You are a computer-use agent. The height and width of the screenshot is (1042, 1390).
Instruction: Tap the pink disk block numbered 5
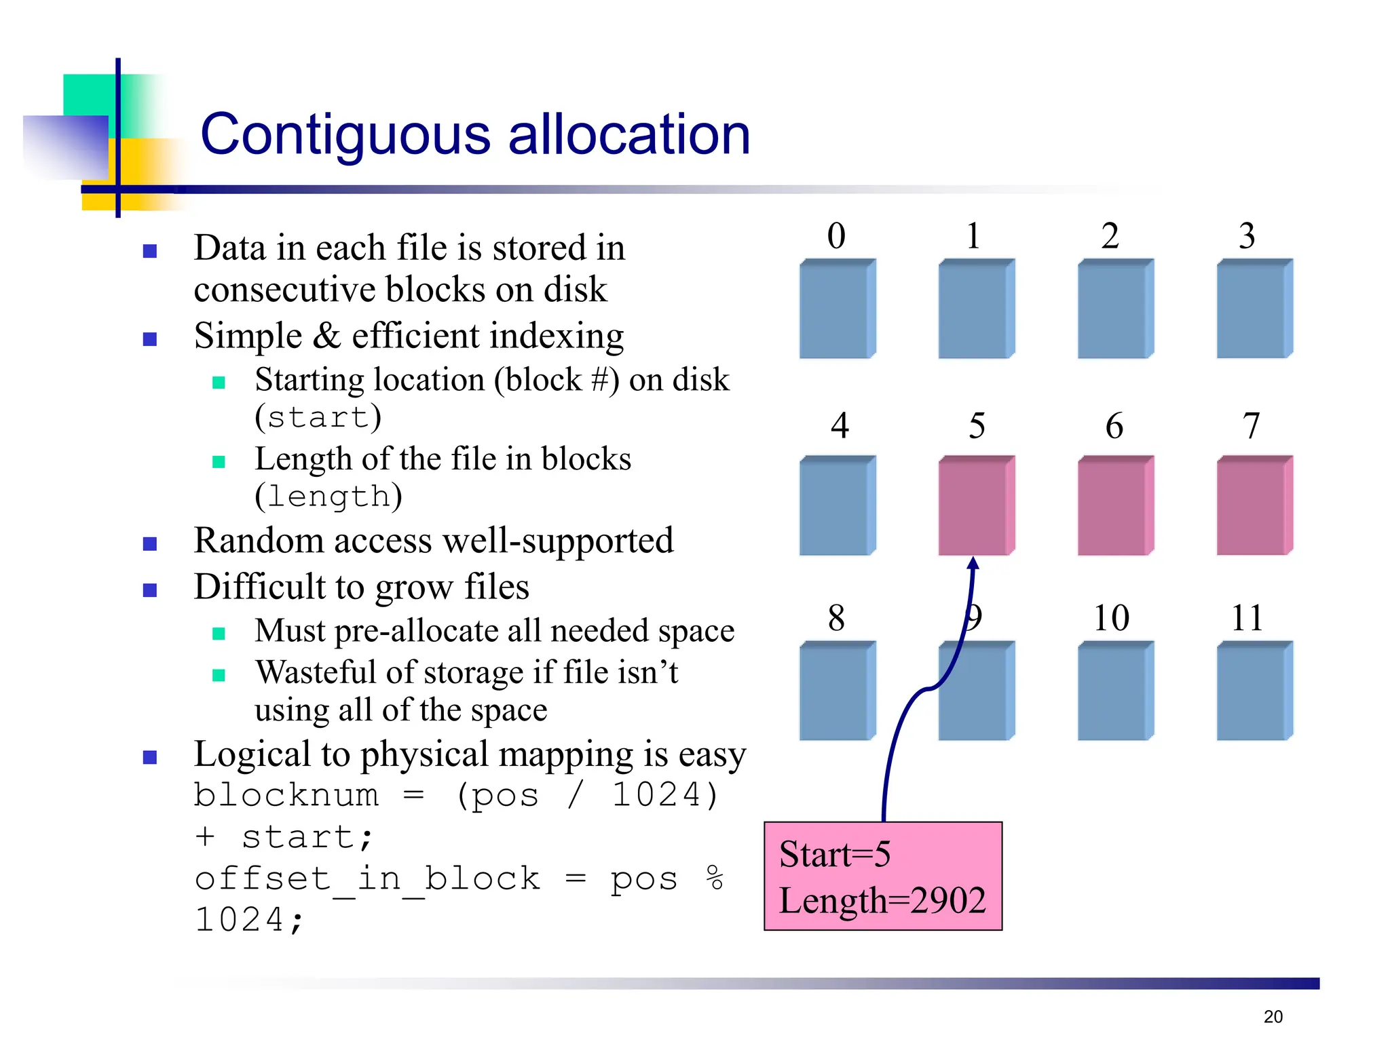click(x=976, y=505)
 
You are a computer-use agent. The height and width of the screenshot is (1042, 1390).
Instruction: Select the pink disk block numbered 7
click(x=1254, y=505)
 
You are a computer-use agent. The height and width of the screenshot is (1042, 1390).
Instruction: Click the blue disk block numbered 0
click(x=837, y=309)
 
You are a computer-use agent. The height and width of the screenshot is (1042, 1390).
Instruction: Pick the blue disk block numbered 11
click(x=1254, y=691)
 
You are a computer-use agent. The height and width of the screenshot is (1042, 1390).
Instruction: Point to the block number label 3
click(x=1247, y=236)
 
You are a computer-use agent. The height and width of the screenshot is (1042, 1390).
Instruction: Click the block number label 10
click(x=1111, y=618)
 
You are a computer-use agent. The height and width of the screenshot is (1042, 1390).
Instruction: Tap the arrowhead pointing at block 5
click(x=973, y=564)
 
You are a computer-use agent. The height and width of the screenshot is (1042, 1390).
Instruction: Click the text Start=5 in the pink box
click(x=835, y=854)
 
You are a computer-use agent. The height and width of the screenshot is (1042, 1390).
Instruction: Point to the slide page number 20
click(x=1273, y=1016)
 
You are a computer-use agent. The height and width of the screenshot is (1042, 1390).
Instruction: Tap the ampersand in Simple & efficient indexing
click(x=327, y=336)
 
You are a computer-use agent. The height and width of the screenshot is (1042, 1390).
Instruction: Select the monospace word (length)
click(x=328, y=497)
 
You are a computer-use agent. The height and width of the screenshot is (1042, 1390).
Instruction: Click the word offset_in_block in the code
click(x=367, y=880)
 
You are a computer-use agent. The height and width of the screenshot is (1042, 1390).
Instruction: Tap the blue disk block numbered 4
click(x=837, y=505)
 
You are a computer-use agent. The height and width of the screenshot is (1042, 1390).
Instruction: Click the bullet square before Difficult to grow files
click(x=150, y=590)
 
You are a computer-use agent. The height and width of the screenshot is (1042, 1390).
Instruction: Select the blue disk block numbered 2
click(x=1115, y=309)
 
